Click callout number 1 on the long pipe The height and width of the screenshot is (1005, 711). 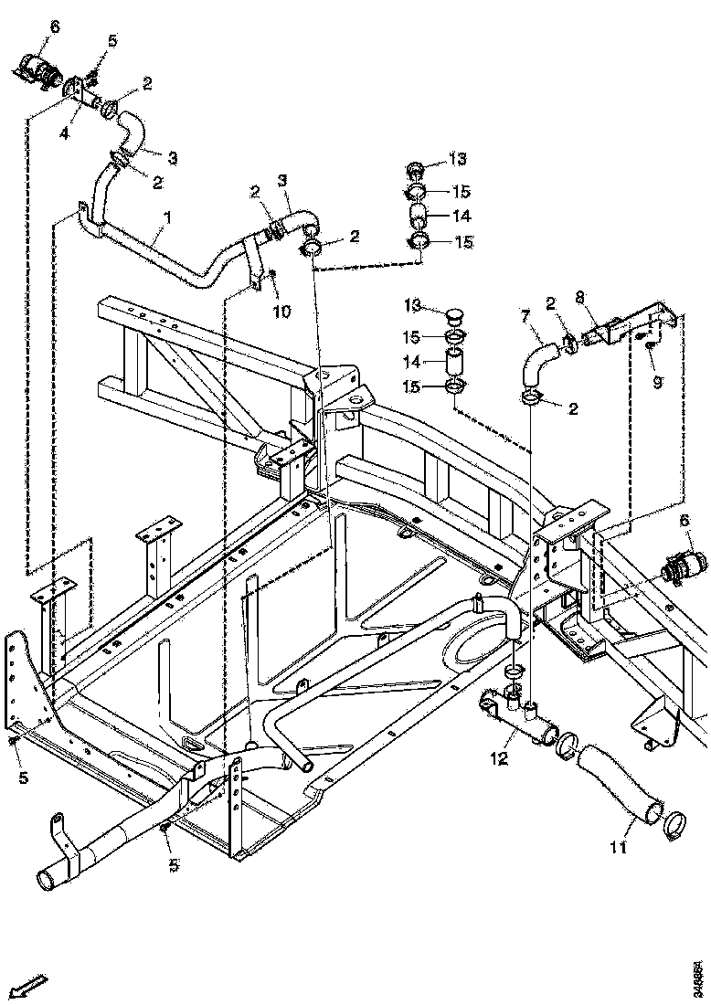[166, 219]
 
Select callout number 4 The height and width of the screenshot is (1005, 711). [64, 133]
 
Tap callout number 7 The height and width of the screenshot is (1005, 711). [525, 317]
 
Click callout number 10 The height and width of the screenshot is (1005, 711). [281, 311]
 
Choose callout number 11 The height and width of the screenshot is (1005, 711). [618, 848]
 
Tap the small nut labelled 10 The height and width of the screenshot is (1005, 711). [272, 276]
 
